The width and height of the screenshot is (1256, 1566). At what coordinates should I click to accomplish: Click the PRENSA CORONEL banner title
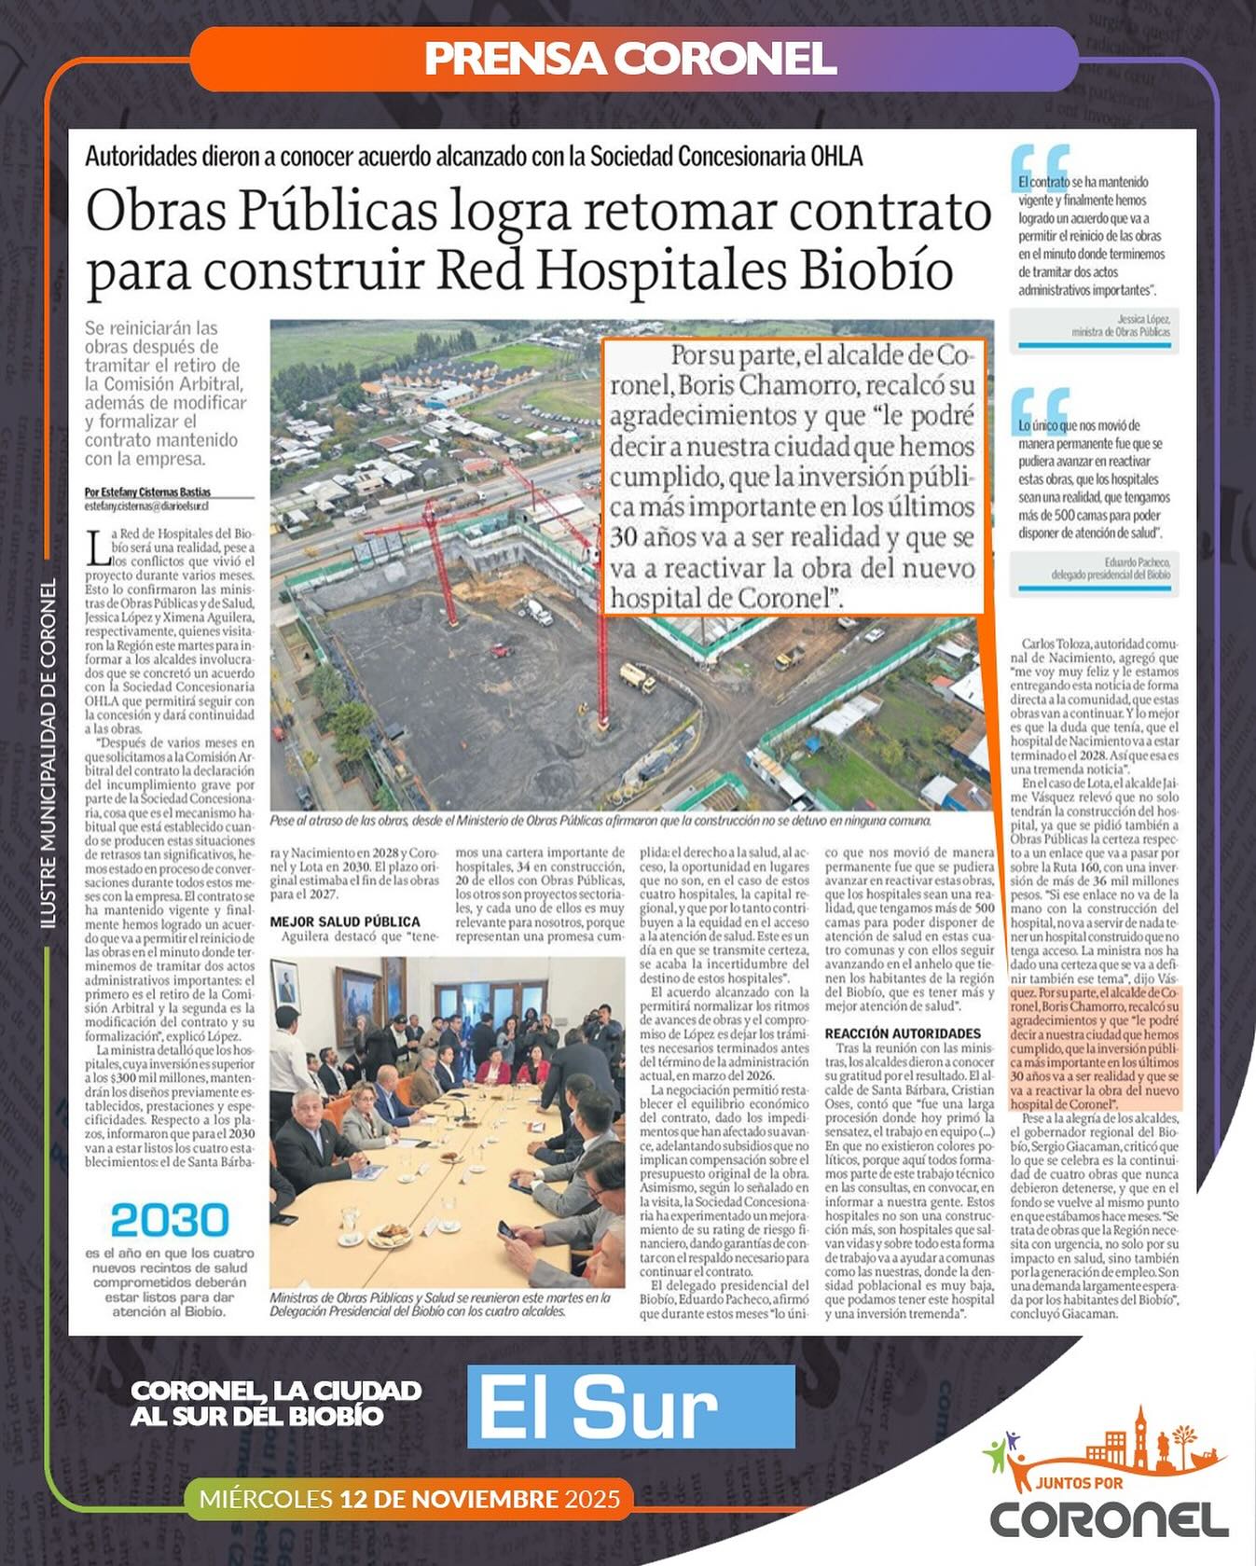630,59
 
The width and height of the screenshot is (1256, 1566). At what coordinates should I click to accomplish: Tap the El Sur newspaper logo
630,1407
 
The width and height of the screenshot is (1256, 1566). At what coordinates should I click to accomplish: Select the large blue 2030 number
170,1221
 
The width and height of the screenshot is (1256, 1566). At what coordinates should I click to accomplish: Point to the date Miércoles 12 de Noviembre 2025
409,1499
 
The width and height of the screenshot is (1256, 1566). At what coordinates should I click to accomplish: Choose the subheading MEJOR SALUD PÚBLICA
345,922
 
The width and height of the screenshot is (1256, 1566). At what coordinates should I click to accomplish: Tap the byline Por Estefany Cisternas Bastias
147,492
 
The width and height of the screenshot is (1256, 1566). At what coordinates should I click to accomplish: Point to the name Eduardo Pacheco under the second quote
1137,562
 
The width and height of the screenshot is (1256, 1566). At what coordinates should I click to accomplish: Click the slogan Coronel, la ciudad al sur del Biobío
276,1403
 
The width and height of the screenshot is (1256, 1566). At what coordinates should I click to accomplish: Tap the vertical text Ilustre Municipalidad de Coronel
49,753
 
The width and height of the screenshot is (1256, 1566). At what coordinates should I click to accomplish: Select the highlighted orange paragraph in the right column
1095,1049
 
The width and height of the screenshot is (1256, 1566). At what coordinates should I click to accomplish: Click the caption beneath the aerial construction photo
600,821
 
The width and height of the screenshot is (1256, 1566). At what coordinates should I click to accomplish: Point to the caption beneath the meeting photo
440,1304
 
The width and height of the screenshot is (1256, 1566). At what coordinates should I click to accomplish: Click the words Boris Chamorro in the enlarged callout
766,385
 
